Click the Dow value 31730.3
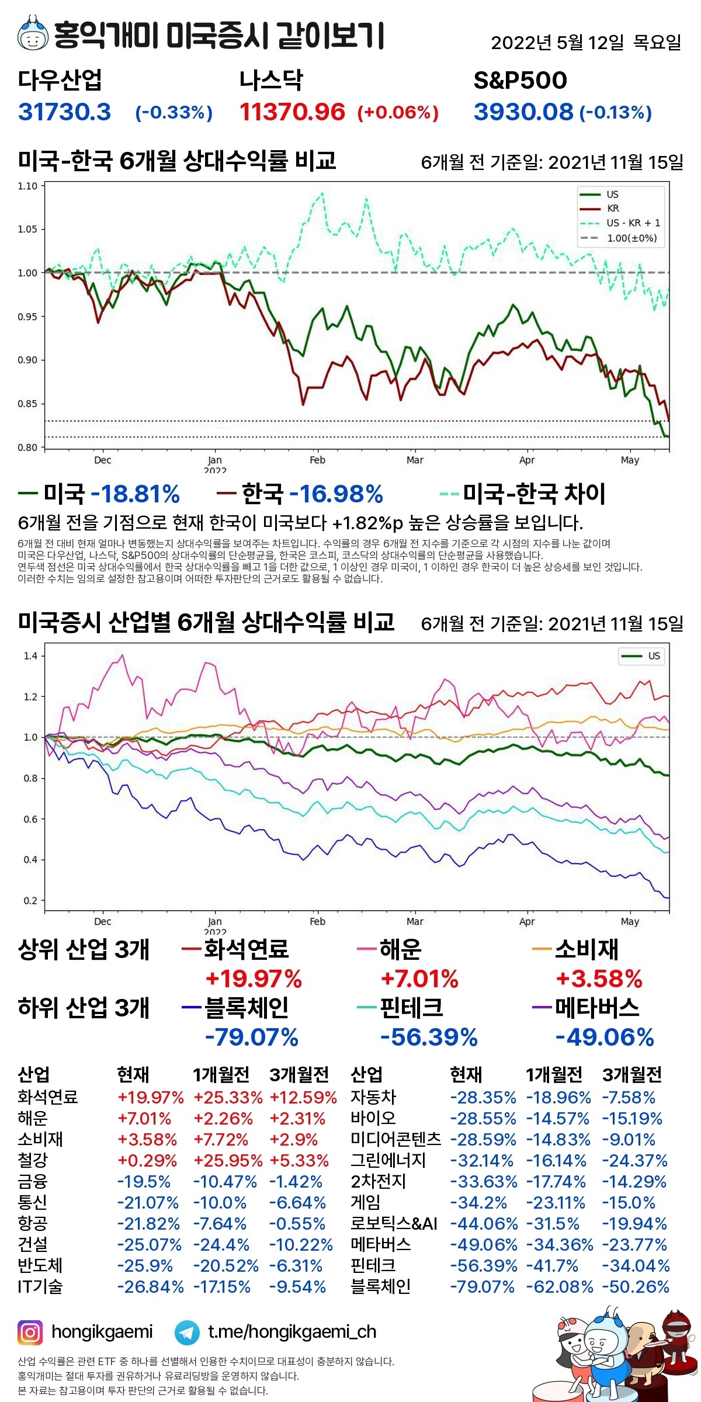pyautogui.click(x=64, y=112)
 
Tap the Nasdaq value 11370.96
pyautogui.click(x=292, y=112)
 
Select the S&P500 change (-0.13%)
pyautogui.click(x=616, y=112)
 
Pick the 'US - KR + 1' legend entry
pyautogui.click(x=633, y=223)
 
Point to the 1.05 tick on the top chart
pyautogui.click(x=27, y=229)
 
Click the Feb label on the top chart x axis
pyautogui.click(x=317, y=460)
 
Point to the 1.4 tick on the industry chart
pyautogui.click(x=30, y=656)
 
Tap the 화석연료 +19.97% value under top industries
pyautogui.click(x=254, y=979)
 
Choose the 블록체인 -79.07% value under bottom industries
pyautogui.click(x=251, y=1037)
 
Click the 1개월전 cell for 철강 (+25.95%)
pyautogui.click(x=228, y=1160)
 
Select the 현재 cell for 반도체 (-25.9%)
pyautogui.click(x=145, y=1265)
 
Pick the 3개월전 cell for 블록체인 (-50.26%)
pyautogui.click(x=636, y=1286)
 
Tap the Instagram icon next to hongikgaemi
pyautogui.click(x=30, y=1332)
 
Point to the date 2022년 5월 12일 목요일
pyautogui.click(x=586, y=42)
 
